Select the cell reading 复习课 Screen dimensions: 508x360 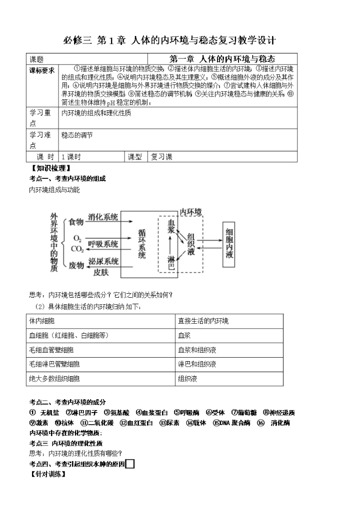[161, 157]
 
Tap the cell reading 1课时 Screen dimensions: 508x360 [71, 157]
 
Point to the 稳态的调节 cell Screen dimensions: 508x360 [77, 135]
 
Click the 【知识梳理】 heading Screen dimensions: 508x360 [50, 168]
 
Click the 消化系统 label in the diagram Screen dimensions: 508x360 [103, 217]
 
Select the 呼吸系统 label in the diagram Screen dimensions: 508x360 [103, 244]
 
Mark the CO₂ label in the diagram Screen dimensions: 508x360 [77, 249]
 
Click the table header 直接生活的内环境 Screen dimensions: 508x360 [202, 321]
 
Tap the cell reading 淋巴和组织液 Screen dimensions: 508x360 [197, 364]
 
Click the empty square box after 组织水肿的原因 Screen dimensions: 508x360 [130, 464]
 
